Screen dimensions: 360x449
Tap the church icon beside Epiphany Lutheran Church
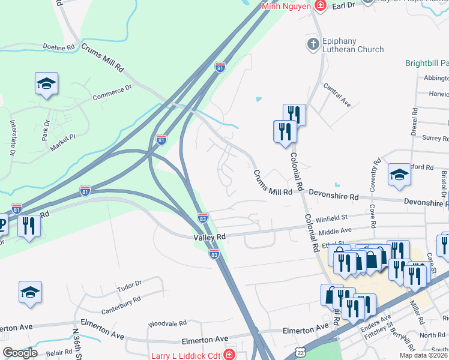coord(312,44)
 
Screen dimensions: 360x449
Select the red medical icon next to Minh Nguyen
coord(321,6)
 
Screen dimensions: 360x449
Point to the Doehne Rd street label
coord(58,47)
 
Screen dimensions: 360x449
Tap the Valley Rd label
coord(209,238)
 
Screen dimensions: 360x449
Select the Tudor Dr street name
coord(129,284)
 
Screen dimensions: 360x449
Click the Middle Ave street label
coord(335,230)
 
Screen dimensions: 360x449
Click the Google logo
coord(20,353)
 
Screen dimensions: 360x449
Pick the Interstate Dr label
coord(12,137)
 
